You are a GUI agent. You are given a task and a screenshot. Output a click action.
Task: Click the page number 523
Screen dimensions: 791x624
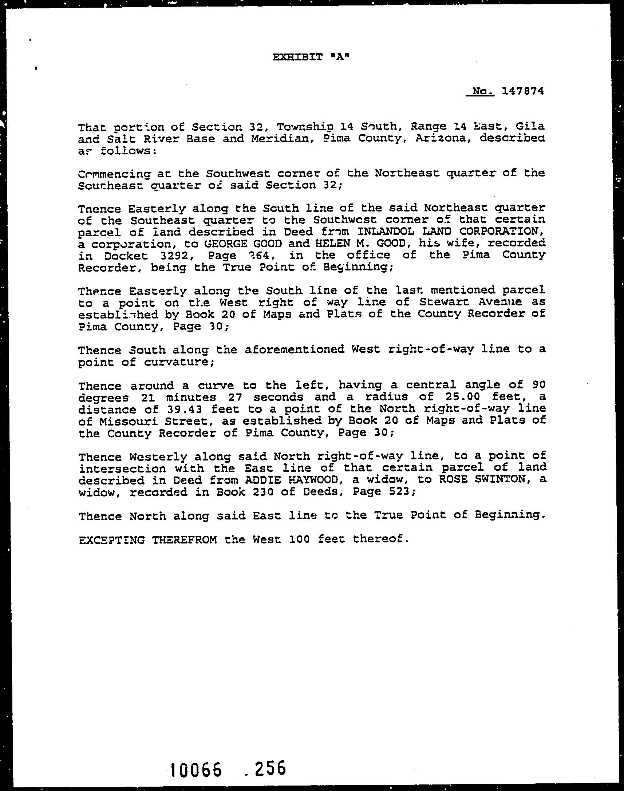402,492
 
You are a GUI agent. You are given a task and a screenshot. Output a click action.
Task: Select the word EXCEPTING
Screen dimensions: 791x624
111,539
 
